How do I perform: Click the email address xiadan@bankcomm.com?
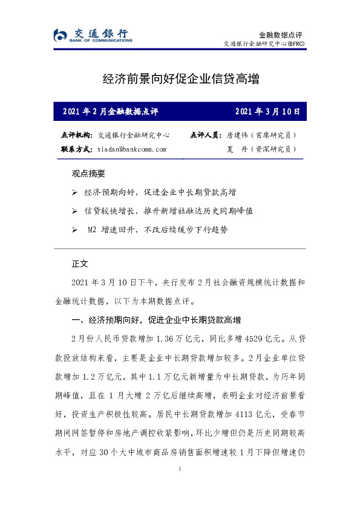tap(131, 149)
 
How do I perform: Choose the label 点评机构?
tap(77, 135)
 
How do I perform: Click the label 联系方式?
tap(77, 149)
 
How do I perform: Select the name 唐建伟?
tap(238, 135)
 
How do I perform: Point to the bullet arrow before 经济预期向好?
tap(74, 192)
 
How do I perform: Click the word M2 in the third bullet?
tap(92, 230)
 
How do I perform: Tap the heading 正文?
tap(80, 264)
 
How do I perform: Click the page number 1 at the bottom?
tap(180, 468)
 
